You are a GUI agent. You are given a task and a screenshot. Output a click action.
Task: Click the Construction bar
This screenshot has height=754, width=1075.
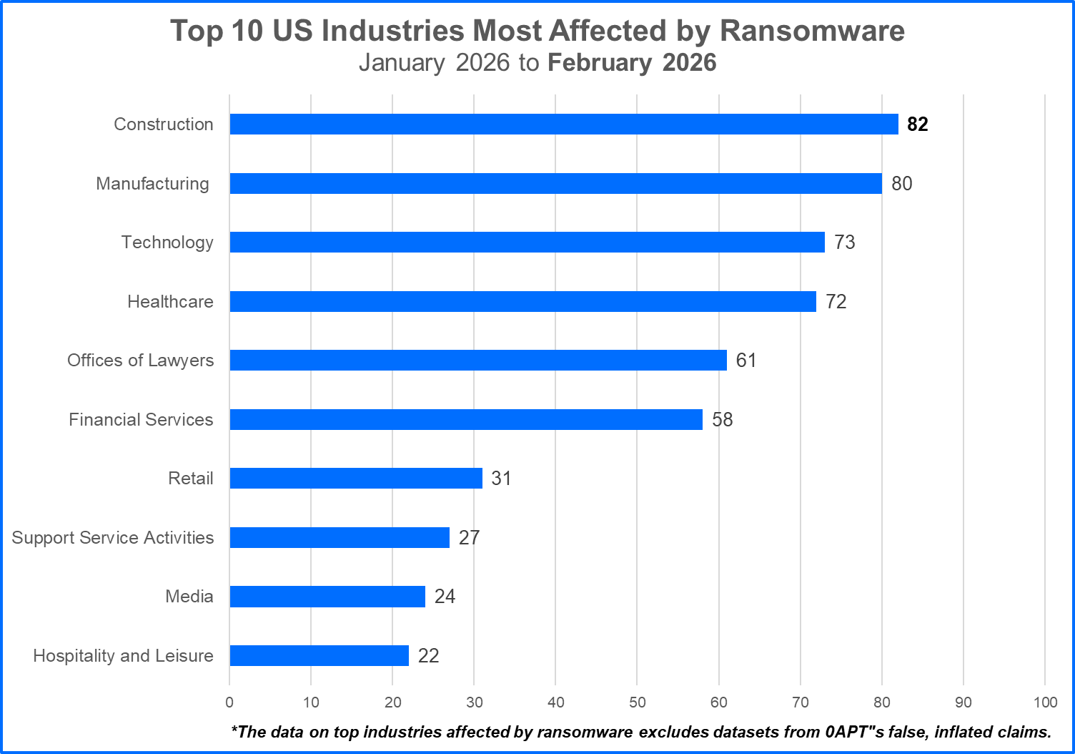coord(563,124)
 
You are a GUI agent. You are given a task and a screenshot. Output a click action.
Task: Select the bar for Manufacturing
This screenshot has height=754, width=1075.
coord(555,183)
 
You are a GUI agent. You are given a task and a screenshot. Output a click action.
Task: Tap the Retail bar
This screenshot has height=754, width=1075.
coord(356,478)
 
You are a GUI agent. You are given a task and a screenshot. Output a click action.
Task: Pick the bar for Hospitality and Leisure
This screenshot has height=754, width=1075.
coord(319,655)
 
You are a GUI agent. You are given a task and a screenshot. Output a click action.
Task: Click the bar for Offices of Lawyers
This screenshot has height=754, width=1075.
coord(478,360)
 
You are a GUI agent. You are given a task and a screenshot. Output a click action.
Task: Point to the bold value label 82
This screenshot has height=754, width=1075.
coord(917,124)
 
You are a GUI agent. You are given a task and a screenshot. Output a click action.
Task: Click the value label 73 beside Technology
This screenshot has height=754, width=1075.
coord(844,243)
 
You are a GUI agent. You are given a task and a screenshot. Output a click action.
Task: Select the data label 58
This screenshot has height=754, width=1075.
coord(722,419)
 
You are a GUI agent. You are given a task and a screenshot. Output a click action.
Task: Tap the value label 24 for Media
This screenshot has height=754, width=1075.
coord(445,597)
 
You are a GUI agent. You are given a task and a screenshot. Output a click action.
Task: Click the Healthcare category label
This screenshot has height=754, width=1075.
coord(170,301)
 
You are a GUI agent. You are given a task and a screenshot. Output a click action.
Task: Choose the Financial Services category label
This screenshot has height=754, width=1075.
coord(141,419)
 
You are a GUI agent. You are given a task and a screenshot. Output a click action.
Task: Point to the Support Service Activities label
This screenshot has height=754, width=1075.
coord(113,537)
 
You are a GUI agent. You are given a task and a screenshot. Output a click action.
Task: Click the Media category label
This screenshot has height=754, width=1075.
coord(189,597)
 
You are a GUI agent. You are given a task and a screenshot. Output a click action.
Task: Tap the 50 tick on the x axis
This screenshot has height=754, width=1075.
coord(637,702)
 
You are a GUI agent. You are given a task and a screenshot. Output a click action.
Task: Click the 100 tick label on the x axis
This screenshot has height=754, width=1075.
coord(1045,702)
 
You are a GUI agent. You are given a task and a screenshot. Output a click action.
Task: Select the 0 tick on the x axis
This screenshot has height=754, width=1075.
coord(229,702)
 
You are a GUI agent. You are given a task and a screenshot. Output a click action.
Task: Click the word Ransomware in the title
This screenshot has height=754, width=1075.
coord(812,31)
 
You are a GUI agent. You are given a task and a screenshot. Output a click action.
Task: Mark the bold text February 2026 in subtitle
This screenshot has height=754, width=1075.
coord(632,63)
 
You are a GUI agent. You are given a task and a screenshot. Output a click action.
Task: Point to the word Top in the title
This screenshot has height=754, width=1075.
coord(196,31)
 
